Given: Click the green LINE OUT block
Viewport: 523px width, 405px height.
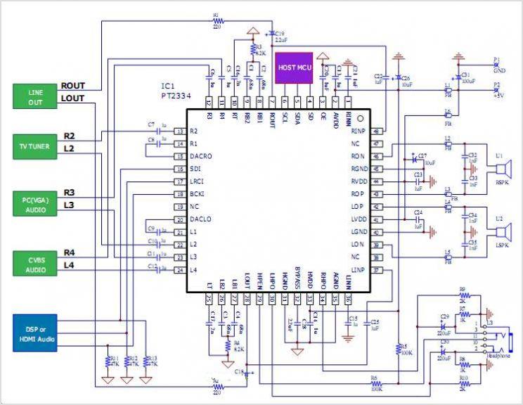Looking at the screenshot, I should click(35, 96).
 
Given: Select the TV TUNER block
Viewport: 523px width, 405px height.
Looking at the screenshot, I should click(35, 145).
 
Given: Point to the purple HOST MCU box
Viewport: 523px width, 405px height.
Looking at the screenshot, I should click(293, 68).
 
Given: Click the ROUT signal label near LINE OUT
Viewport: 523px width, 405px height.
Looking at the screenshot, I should click(73, 86).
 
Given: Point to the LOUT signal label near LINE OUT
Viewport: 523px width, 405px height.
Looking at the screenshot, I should click(72, 98).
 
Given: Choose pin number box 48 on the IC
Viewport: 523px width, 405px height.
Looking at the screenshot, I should click(377, 131).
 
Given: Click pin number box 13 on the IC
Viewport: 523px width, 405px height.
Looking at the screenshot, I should click(180, 131).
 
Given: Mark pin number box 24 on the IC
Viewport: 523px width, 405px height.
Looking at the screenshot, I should click(180, 270).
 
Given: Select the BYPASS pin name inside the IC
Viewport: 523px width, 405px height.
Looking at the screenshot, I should click(298, 276).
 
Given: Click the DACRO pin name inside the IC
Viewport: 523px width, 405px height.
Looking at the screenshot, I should click(201, 156).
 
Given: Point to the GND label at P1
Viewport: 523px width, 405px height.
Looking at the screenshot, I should click(499, 70).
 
